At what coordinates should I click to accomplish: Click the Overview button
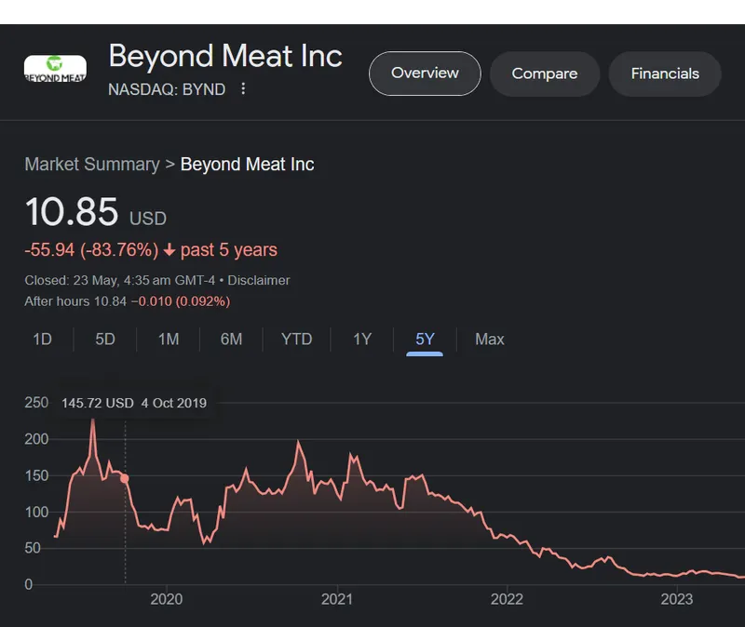coord(425,73)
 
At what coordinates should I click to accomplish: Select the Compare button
coord(545,73)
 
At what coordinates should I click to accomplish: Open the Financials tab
coord(665,73)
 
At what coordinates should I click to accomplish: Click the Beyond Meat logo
coord(55,68)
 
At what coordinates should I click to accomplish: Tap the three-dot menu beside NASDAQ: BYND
coord(243,89)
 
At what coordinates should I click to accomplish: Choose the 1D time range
coord(42,340)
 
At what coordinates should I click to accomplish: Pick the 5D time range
coord(105,340)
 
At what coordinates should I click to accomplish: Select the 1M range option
coord(169,340)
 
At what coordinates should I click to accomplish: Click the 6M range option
coord(231,340)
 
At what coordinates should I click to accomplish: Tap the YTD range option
coord(297,340)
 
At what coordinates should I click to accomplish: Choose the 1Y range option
coord(362,340)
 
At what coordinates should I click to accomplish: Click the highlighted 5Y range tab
coord(425,340)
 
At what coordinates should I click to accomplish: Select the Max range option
coord(490,340)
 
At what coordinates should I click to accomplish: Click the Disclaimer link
coord(259,280)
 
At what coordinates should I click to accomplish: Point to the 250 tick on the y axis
coord(36,403)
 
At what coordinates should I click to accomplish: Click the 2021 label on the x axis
coord(336,599)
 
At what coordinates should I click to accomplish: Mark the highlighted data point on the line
coord(125,478)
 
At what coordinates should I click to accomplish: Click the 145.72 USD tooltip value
coord(98,403)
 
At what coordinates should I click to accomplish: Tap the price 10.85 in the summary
coord(72,212)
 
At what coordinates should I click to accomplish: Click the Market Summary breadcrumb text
coord(91,165)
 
